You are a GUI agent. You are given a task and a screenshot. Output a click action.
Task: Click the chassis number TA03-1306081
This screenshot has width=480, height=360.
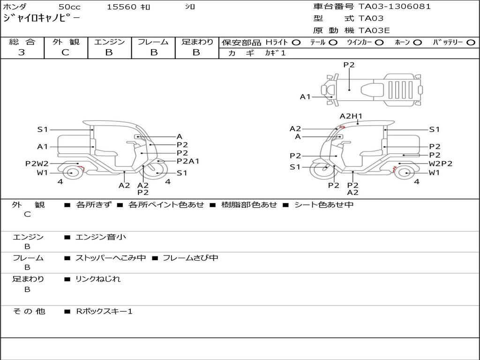pos(395,7)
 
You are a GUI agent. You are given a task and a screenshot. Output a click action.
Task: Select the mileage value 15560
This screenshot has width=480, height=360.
pos(121,7)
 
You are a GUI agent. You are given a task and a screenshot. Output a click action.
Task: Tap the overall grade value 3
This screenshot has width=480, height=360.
pos(22,52)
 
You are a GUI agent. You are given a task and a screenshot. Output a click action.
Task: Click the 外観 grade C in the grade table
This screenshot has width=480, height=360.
pos(65,52)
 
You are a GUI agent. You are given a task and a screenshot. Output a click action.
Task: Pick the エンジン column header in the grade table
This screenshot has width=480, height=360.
pos(109,42)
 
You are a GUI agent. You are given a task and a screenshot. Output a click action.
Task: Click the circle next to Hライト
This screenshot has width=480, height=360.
pos(296,43)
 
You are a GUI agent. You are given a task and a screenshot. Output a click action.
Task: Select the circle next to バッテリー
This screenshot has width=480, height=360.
pos(471,43)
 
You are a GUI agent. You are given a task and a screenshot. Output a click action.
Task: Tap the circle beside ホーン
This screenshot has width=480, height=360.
pos(417,43)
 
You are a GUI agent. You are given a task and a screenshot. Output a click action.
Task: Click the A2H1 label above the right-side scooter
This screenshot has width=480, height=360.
pos(351,116)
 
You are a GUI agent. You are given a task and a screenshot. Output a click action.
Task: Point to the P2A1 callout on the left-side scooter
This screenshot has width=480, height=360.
pos(188,161)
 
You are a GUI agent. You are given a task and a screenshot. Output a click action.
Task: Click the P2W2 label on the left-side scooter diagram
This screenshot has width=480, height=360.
pos(37,164)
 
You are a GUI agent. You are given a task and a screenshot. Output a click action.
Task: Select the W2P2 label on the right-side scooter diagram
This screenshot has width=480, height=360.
pos(441,164)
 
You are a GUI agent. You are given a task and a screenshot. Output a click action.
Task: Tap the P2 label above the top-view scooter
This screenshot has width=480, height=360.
pos(349,65)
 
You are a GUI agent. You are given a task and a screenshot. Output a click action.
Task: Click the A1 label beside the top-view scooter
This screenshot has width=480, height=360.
pos(305,97)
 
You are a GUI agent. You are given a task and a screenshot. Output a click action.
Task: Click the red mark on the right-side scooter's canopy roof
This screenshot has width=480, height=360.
pos(342,127)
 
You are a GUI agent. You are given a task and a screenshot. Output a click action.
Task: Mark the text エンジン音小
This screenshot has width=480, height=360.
pos(101,237)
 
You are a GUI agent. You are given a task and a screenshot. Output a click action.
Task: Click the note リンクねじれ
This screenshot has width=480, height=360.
pos(98,279)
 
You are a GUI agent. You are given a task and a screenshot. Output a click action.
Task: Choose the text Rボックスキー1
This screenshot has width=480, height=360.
pos(104,311)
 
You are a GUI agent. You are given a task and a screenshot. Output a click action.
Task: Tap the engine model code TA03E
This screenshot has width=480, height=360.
pos(374,30)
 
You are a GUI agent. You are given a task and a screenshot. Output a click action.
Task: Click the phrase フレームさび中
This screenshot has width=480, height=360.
pos(190,258)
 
